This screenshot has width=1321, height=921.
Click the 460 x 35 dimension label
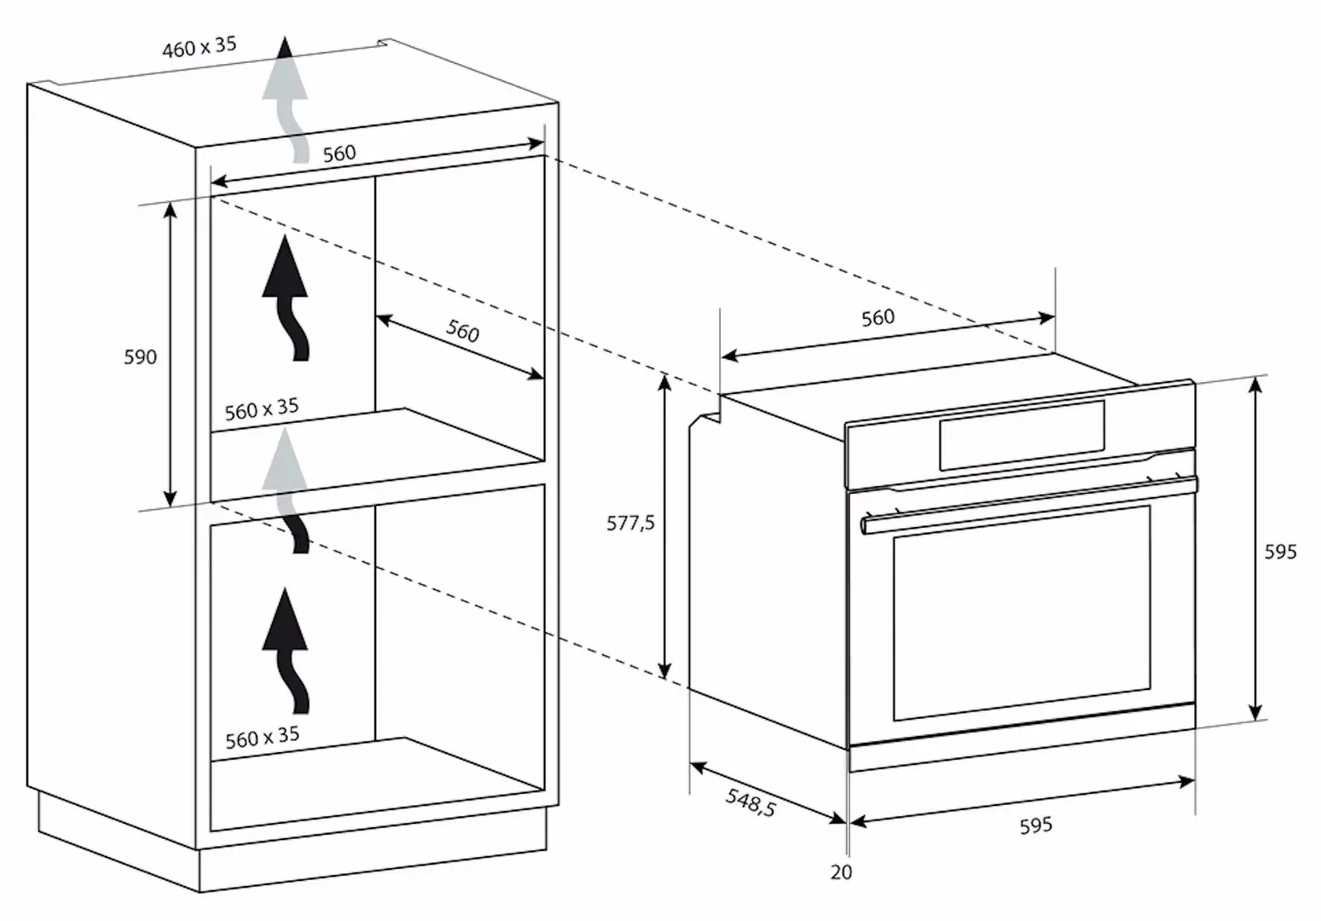[x=200, y=47]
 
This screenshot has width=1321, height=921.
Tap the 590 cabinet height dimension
[x=141, y=356]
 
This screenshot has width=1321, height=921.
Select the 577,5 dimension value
[x=630, y=523]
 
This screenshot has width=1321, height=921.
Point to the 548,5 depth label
[x=750, y=802]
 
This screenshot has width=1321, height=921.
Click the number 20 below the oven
[x=841, y=872]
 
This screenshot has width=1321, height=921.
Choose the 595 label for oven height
[x=1280, y=552]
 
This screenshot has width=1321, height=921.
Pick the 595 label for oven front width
[x=1035, y=825]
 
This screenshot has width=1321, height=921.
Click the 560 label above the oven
[x=878, y=318]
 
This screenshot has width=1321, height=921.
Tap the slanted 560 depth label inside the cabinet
[x=462, y=331]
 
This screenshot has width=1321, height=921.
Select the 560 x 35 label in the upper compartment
[x=262, y=409]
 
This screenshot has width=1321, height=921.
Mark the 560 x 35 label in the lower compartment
[x=262, y=737]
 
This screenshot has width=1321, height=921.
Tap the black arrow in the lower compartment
[x=286, y=651]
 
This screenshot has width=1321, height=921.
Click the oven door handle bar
[x=1029, y=506]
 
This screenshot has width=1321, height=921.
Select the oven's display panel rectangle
[x=1022, y=435]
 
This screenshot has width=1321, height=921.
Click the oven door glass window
[x=1022, y=612]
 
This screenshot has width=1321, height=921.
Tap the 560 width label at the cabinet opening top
[x=339, y=153]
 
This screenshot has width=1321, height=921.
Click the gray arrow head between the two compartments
[x=286, y=459]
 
